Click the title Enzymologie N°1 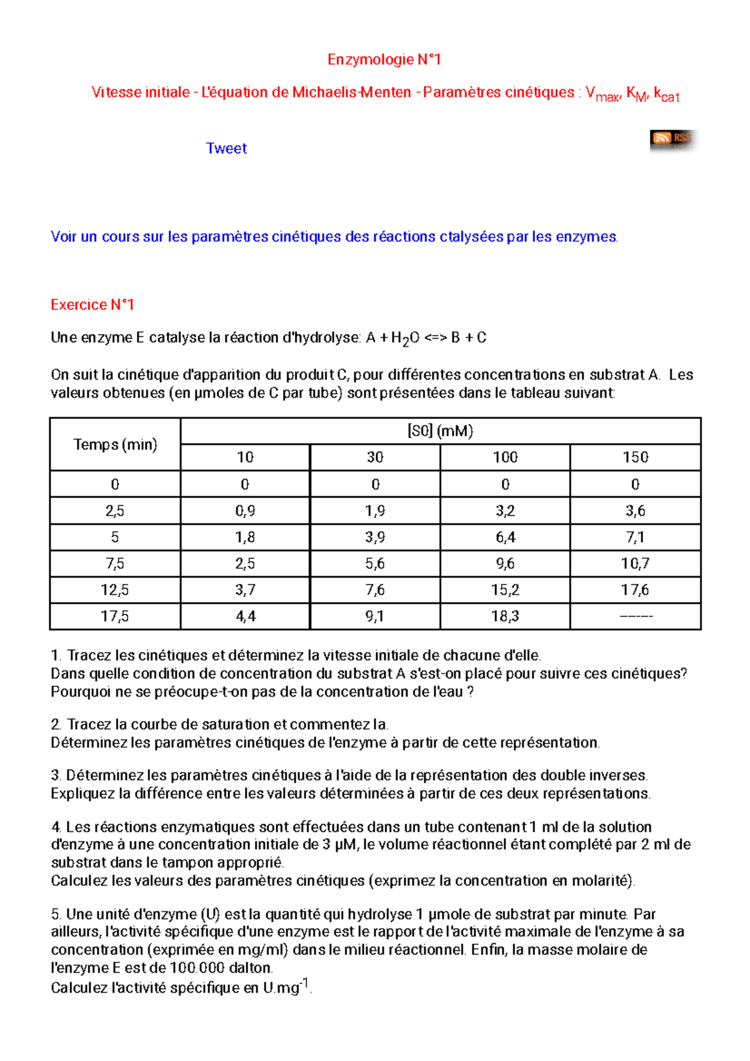point(384,59)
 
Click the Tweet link point(226,148)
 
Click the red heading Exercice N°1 point(92,304)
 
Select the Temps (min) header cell point(115,445)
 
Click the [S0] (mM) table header point(440,431)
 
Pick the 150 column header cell point(635,457)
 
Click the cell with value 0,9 point(245,511)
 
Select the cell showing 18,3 point(505,616)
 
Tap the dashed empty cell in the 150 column point(635,616)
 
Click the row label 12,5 point(115,590)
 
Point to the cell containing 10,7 point(635,563)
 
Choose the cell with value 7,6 point(375,590)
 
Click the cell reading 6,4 point(505,537)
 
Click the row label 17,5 point(115,616)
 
